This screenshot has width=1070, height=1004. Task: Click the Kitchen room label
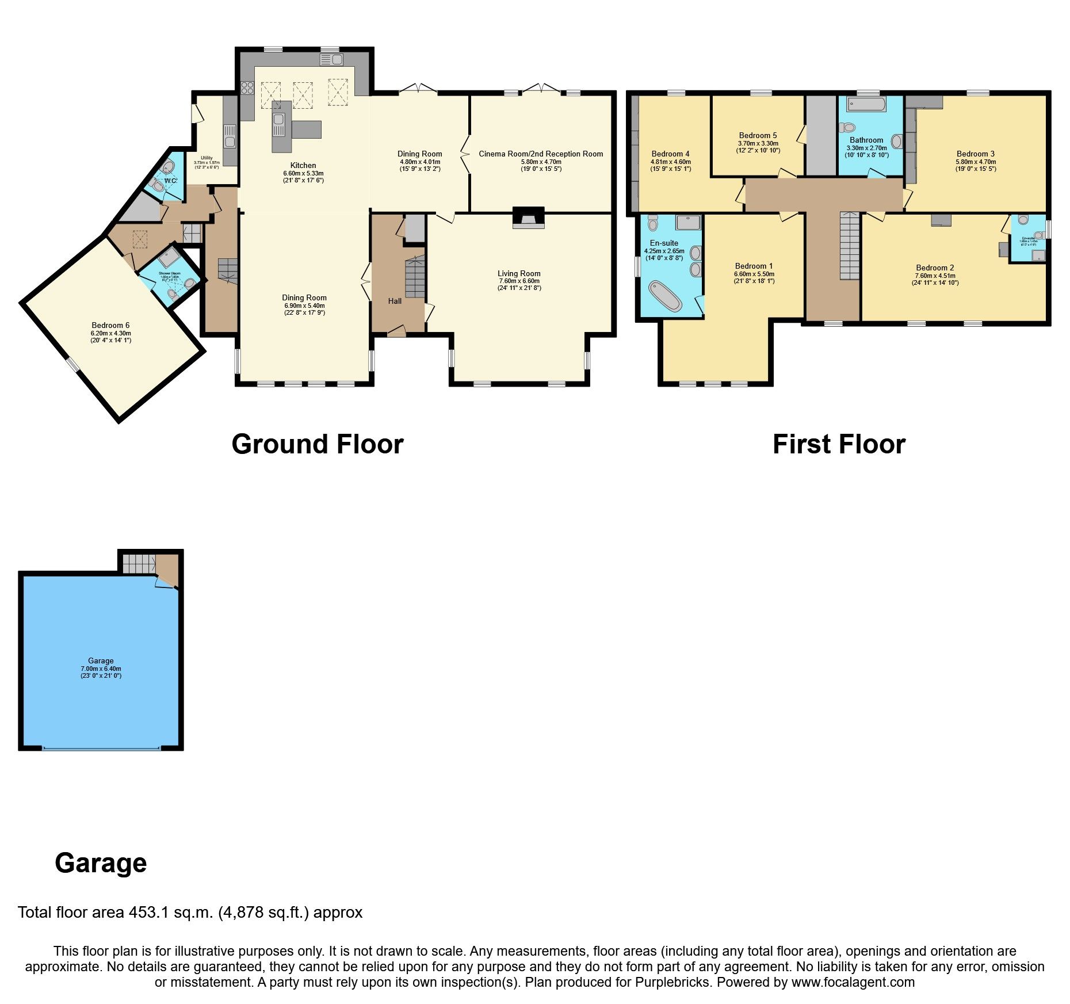tap(303, 166)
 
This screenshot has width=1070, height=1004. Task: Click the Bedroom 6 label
tap(110, 325)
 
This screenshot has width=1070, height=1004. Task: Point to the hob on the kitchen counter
tap(247, 88)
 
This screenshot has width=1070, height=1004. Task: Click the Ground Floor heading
tap(318, 445)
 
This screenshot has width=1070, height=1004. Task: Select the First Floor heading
tap(839, 445)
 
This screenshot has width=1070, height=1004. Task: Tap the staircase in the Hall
tap(415, 278)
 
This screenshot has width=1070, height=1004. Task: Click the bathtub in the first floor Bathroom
tap(866, 105)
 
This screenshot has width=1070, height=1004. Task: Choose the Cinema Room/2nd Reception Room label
tap(541, 154)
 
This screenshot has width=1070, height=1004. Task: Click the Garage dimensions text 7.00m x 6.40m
tap(101, 669)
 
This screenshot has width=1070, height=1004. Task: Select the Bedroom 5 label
tap(758, 136)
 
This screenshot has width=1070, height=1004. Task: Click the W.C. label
tap(171, 181)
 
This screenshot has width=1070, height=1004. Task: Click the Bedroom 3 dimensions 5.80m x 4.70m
tap(976, 162)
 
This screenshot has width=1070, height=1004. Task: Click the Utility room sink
tap(230, 136)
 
